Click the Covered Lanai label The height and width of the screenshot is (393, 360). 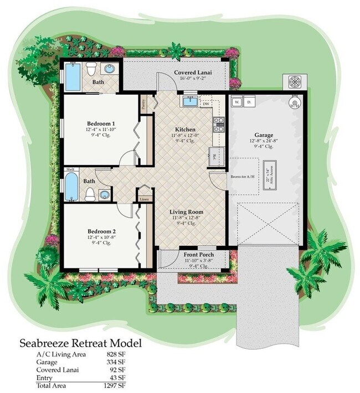tap(191, 73)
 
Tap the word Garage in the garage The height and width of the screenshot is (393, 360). tap(264, 135)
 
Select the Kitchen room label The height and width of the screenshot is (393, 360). tap(186, 129)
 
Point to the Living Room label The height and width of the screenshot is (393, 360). tap(186, 211)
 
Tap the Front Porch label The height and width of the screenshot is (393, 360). tap(198, 255)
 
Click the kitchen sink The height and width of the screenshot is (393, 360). tap(190, 101)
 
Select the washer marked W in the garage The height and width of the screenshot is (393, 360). tap(236, 102)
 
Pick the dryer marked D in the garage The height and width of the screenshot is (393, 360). tap(249, 102)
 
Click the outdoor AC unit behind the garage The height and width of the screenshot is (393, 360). tap(293, 82)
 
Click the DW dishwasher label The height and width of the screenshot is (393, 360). tap(205, 104)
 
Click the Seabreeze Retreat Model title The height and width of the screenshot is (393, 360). tap(81, 343)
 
